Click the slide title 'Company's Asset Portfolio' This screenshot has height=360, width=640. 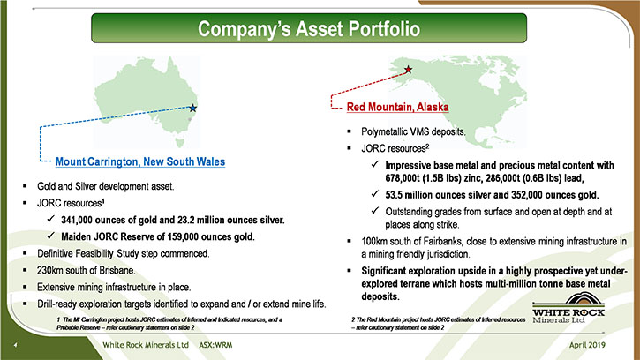(309, 28)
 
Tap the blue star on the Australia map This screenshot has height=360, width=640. (193, 109)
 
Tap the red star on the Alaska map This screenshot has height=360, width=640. (408, 70)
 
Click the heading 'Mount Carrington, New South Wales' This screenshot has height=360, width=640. (140, 161)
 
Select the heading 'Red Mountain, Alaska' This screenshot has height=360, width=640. (397, 107)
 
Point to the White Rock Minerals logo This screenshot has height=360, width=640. (568, 308)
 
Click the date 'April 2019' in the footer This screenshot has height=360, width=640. (587, 345)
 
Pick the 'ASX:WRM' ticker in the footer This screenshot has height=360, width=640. (215, 345)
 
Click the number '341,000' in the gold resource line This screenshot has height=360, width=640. (77, 220)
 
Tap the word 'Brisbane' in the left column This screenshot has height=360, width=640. (118, 270)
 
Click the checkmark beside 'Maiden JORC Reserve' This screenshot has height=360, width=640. (50, 236)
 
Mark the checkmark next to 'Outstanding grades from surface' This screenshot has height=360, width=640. (375, 210)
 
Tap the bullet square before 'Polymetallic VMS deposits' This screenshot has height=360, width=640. (349, 131)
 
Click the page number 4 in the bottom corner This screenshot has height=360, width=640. (16, 345)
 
